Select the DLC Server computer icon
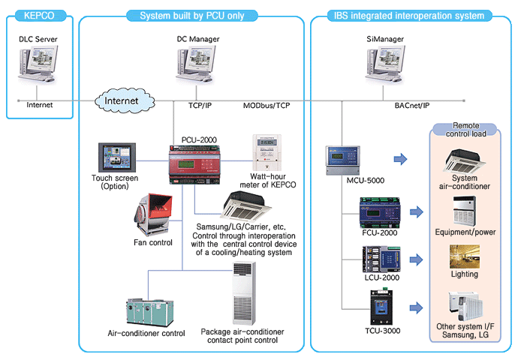coord(38,67)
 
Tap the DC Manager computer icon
coord(192,67)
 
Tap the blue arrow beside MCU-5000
coord(400,159)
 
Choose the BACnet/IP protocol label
coord(412,107)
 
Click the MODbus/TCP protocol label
coord(267,106)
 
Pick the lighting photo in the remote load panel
coord(463,256)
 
